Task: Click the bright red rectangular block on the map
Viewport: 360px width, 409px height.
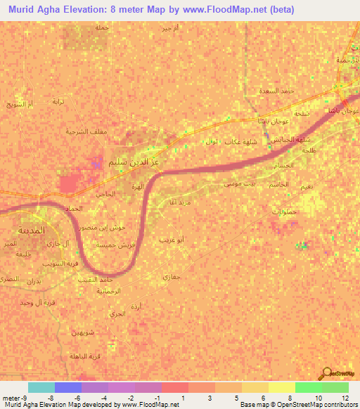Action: click(68, 184)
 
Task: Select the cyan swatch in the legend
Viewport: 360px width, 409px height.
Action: click(41, 387)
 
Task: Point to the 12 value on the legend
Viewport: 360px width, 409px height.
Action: click(345, 397)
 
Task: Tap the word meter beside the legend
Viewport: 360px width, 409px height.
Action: click(9, 397)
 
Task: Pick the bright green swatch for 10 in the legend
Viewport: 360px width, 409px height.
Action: click(308, 387)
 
